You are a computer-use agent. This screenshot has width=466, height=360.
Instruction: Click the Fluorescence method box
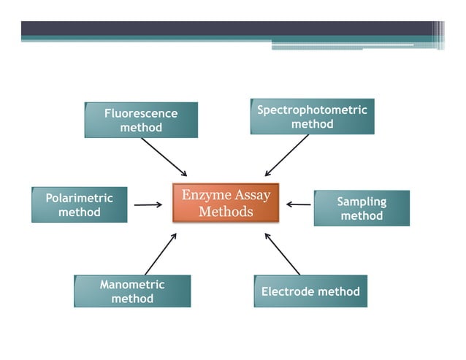[141, 120]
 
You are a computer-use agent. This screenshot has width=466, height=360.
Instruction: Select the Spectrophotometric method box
[312, 117]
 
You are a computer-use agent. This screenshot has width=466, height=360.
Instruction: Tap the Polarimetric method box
[79, 205]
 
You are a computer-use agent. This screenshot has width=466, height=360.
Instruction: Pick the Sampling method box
[362, 208]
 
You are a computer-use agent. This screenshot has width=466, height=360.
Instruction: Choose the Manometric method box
[132, 291]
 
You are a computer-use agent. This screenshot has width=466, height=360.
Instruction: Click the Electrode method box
[310, 291]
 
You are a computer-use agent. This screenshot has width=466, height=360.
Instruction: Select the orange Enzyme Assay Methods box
[226, 203]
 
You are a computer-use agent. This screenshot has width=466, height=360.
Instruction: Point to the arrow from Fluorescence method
[164, 157]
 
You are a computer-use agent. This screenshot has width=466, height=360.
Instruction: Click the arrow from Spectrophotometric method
[287, 156]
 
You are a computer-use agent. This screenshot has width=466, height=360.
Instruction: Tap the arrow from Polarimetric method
[148, 205]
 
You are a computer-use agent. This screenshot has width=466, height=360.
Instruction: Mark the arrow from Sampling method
[299, 204]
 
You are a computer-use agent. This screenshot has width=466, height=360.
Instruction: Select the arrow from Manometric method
[161, 254]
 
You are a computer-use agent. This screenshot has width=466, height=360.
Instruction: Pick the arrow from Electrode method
[282, 253]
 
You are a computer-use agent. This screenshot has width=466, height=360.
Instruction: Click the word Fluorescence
[141, 114]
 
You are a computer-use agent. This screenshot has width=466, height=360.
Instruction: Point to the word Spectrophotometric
[312, 110]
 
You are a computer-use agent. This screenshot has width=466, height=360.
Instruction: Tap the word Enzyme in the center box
[203, 195]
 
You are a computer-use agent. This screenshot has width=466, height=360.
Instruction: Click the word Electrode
[286, 291]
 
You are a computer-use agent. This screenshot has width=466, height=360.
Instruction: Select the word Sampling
[362, 202]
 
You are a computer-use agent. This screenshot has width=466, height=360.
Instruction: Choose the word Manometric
[132, 285]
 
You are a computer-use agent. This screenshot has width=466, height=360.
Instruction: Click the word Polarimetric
[79, 199]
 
